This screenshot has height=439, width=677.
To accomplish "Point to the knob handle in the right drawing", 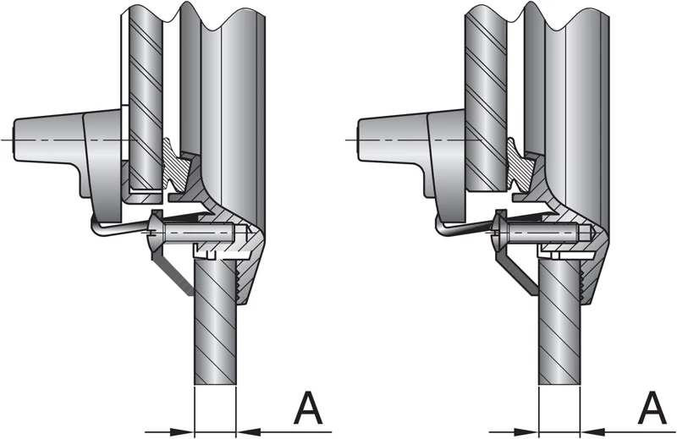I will click(x=394, y=138).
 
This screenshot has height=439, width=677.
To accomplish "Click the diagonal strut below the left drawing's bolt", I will click(x=173, y=275).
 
